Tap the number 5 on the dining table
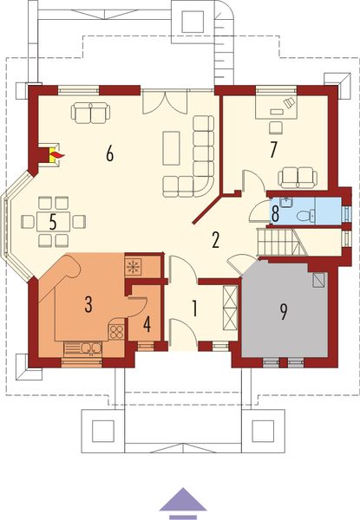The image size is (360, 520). (53, 221)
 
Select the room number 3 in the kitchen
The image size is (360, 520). (88, 303)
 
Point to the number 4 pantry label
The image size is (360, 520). (146, 326)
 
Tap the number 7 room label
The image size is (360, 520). (272, 149)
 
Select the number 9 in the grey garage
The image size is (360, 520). (284, 311)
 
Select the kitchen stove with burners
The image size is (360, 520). (116, 331)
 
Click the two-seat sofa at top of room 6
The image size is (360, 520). (90, 112)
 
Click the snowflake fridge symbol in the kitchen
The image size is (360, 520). (134, 266)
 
